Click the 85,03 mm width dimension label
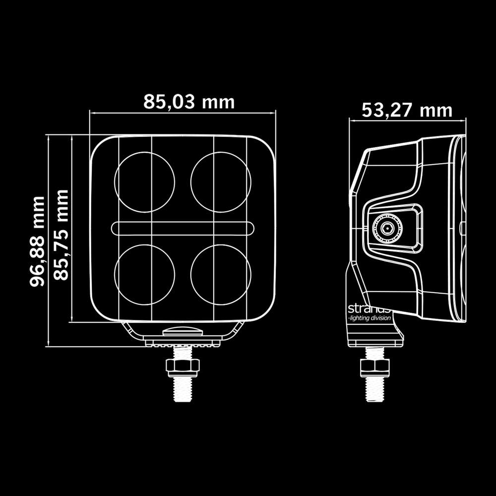[189, 102]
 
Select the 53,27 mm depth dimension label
[407, 110]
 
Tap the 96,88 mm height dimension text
[37, 242]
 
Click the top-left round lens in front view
[145, 182]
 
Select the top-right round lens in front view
[220, 182]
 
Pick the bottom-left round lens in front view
[145, 273]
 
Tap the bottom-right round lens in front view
[220, 273]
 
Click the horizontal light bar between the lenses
[183, 228]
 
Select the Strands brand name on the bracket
[370, 308]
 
